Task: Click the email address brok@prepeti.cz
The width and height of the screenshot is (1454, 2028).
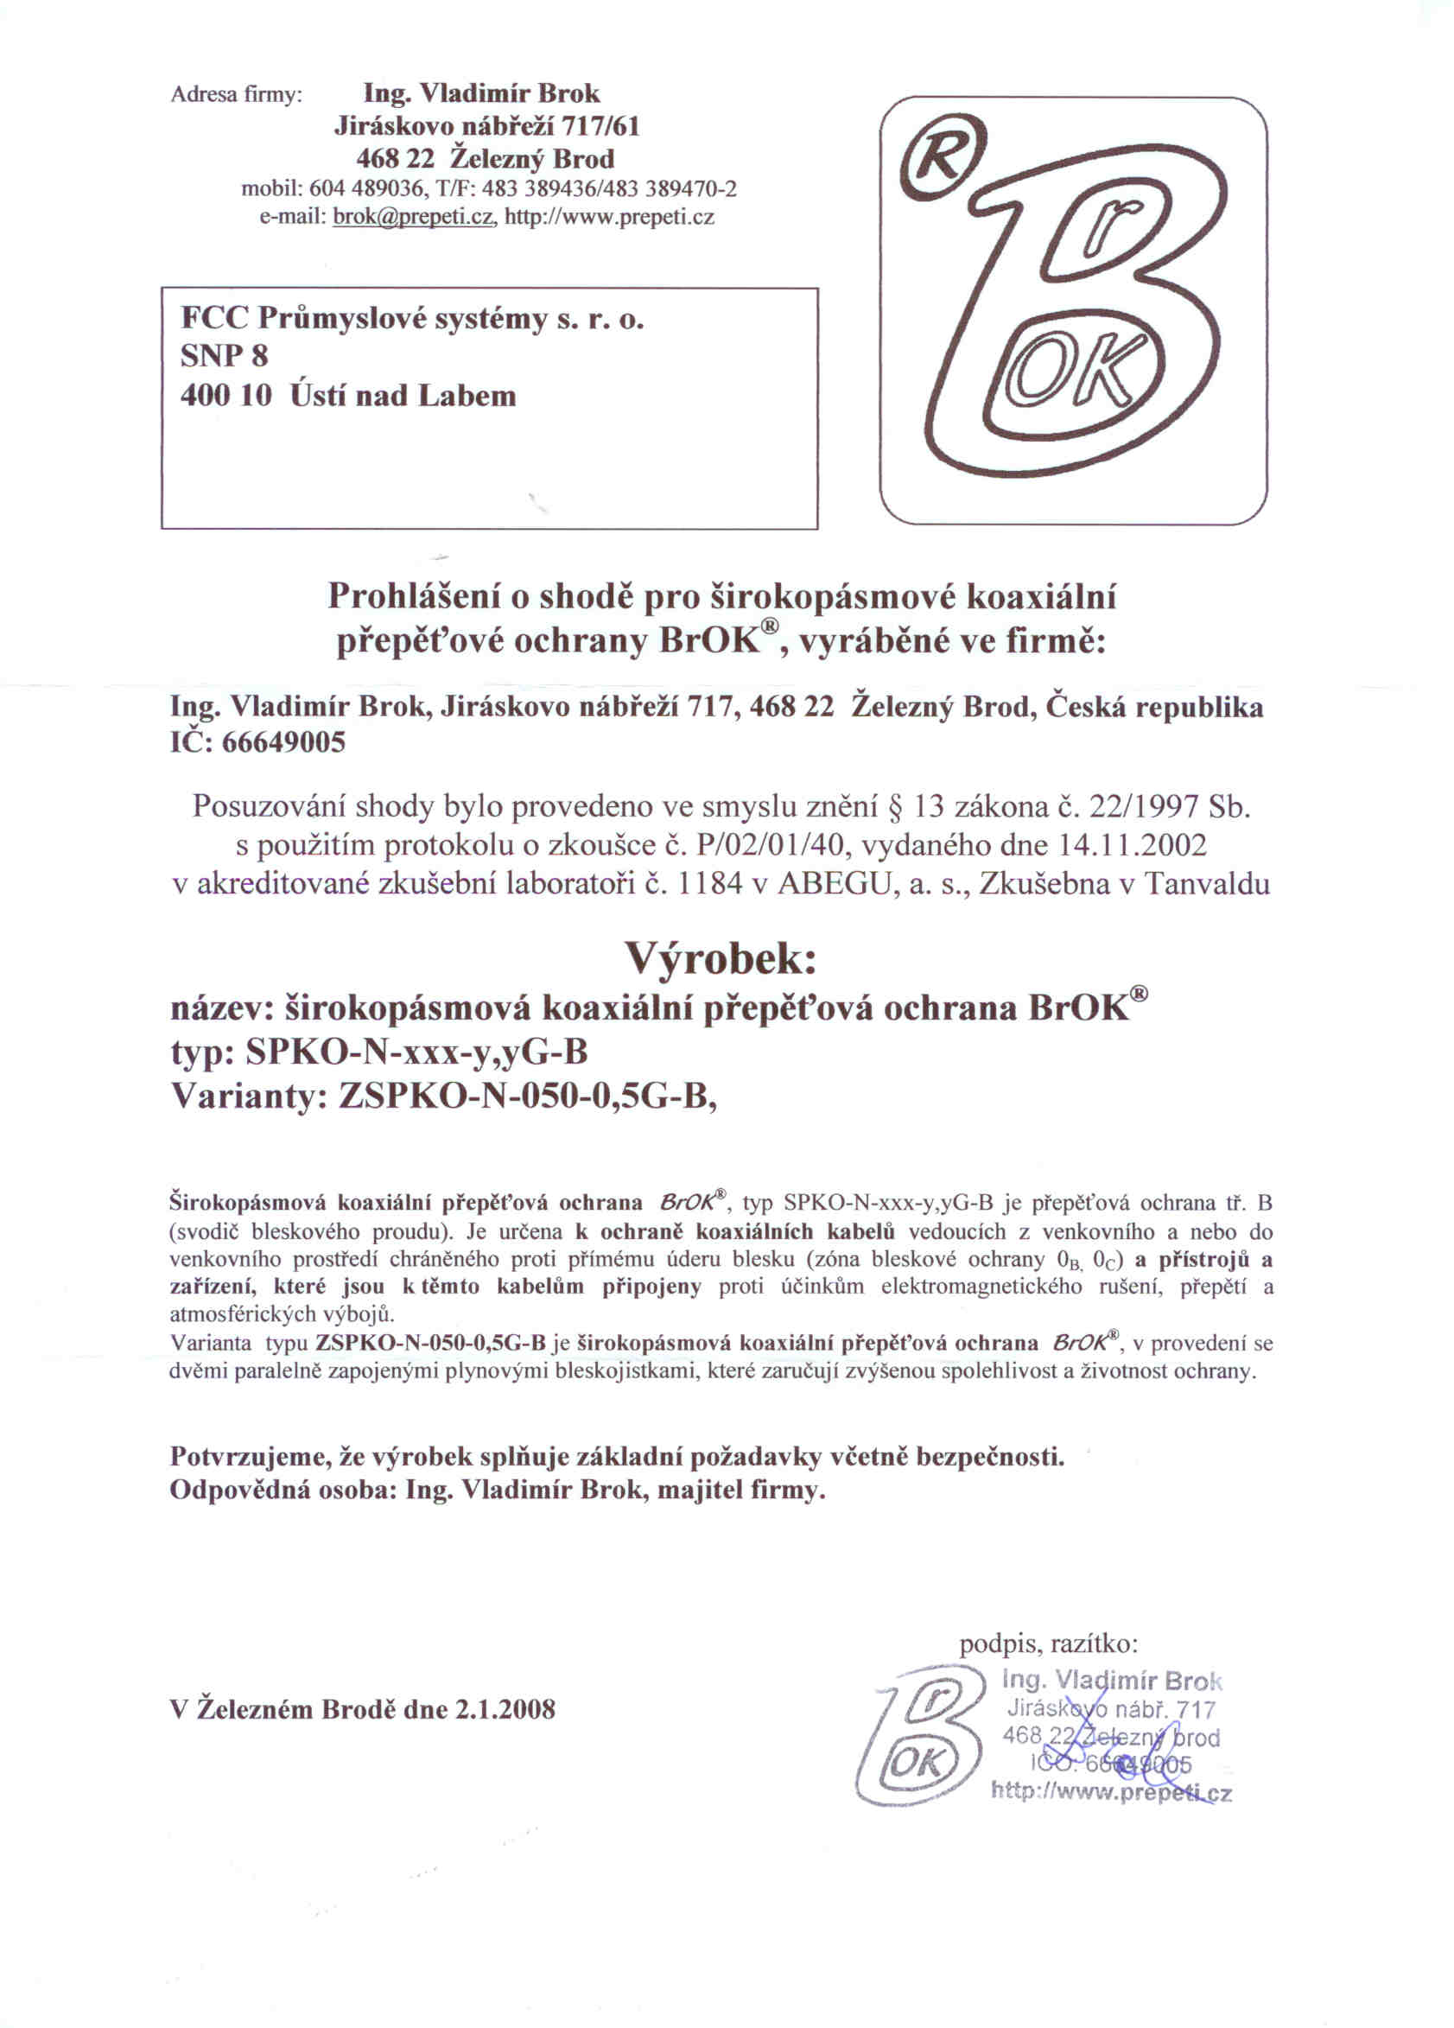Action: click(412, 217)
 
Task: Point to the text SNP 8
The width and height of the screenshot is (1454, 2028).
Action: click(224, 357)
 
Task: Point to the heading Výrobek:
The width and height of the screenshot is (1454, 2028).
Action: click(720, 959)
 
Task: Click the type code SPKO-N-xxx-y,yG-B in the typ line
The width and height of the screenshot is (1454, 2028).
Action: click(416, 1052)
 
